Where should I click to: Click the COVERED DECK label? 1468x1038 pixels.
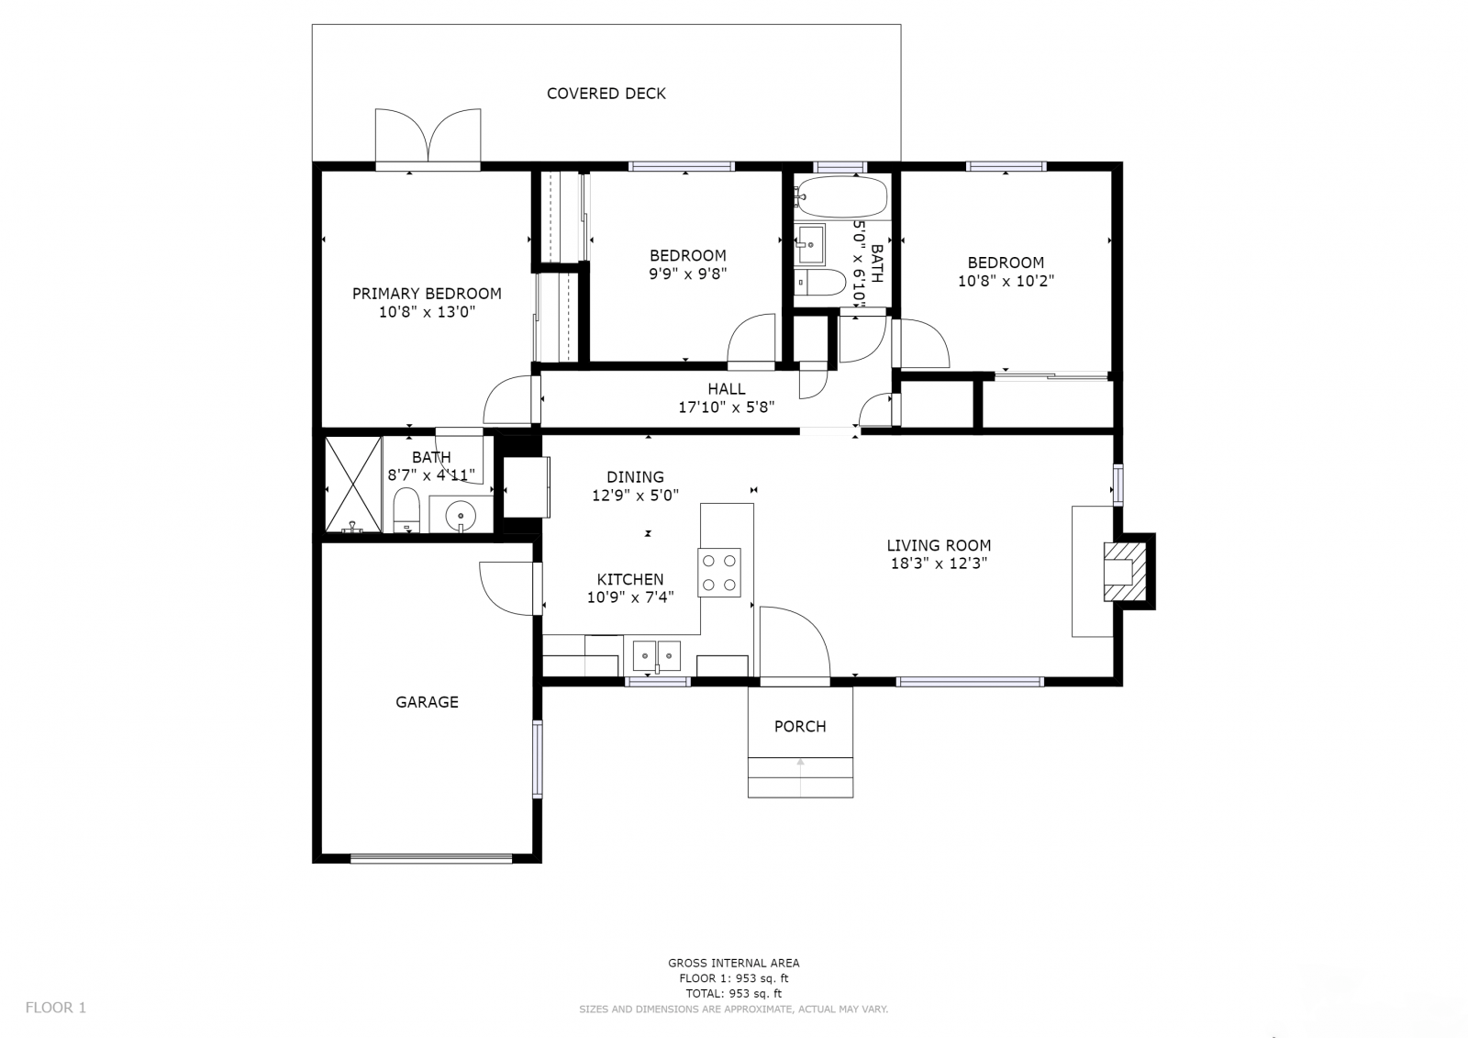tap(606, 94)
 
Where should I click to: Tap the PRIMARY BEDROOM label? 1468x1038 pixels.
tap(427, 294)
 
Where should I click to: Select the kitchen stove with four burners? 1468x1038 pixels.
tap(719, 573)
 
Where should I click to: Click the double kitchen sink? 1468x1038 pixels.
tap(657, 655)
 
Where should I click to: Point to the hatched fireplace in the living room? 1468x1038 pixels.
tap(1125, 571)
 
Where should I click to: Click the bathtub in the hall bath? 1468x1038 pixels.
tap(841, 196)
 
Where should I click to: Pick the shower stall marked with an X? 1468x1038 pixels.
tap(353, 485)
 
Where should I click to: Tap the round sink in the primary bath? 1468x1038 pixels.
tap(461, 516)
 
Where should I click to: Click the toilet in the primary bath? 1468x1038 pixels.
tap(406, 510)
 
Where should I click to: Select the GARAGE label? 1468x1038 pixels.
tap(427, 702)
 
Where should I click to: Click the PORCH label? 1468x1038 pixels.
tap(800, 727)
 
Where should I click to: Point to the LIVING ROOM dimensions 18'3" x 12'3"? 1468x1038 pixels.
tap(939, 564)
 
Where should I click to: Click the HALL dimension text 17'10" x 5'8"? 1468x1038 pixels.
tap(726, 407)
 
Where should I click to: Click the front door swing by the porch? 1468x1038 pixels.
tap(795, 642)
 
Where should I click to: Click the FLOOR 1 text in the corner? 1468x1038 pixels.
tap(56, 1007)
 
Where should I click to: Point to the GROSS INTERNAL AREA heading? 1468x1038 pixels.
tap(733, 964)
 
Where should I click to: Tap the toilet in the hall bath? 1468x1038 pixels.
tap(819, 283)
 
